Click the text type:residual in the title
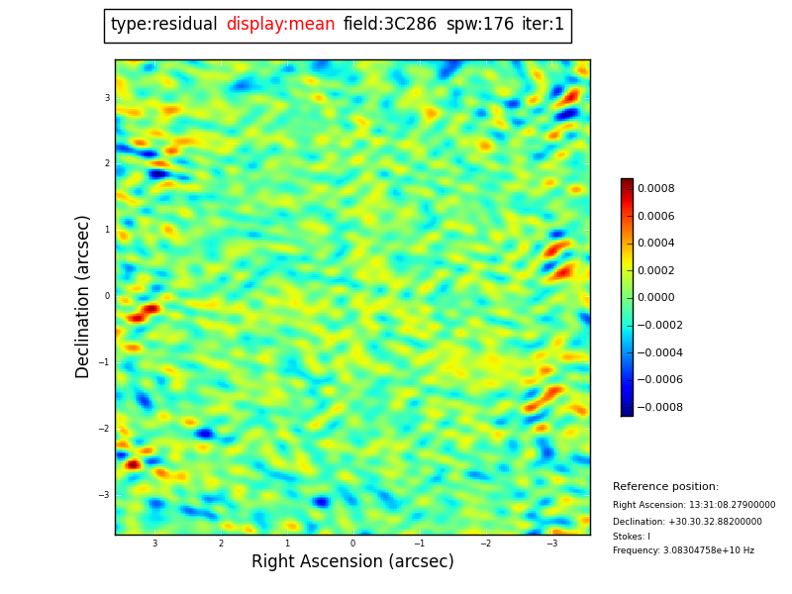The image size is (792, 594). point(163,25)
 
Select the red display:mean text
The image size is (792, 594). point(280,25)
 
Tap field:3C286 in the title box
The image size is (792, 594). point(390,25)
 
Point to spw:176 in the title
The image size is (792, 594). point(480,25)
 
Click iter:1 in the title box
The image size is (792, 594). point(544,25)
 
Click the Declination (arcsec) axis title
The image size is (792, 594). point(83,296)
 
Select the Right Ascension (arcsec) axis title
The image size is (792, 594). point(352,562)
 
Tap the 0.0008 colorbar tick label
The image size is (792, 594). point(655,189)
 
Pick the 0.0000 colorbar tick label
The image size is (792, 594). point(655,298)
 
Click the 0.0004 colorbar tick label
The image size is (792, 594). point(655,244)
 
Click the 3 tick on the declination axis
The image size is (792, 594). point(107,98)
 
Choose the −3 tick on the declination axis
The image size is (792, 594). point(105,495)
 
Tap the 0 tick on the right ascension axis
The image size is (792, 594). point(352,544)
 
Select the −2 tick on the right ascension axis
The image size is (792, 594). point(485,544)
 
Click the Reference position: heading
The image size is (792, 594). point(665,487)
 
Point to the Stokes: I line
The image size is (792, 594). point(632,537)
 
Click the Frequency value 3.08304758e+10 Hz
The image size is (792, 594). point(683,550)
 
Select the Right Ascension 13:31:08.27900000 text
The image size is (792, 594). point(694,505)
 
